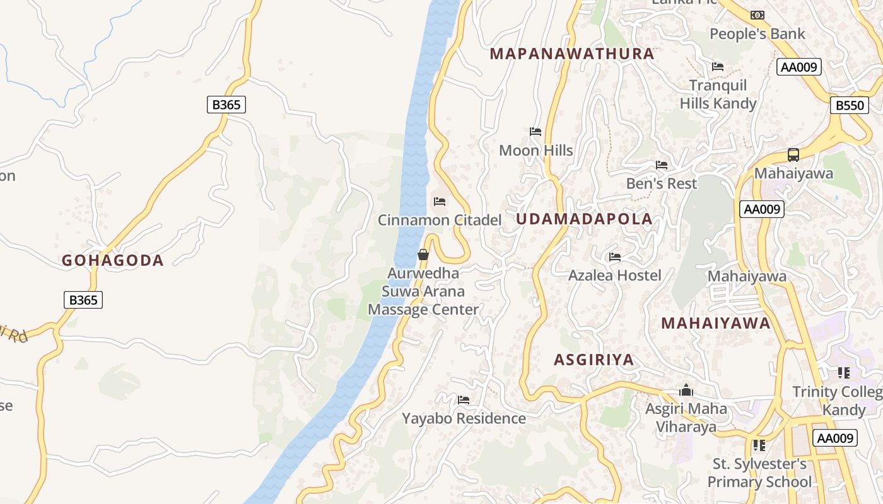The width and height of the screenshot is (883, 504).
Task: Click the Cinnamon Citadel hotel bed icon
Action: pyautogui.click(x=440, y=202)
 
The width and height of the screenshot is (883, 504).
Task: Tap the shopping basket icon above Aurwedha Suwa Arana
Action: pyautogui.click(x=423, y=255)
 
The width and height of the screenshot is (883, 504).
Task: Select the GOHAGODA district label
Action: pyautogui.click(x=112, y=260)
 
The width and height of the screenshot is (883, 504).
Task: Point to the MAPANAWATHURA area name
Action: pyautogui.click(x=572, y=54)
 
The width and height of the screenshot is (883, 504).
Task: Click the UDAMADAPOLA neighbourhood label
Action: pyautogui.click(x=584, y=219)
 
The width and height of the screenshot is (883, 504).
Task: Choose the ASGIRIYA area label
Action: pyautogui.click(x=594, y=360)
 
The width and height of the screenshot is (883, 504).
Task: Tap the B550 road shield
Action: pyautogui.click(x=849, y=105)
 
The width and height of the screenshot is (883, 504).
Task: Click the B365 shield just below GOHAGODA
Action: pyautogui.click(x=83, y=300)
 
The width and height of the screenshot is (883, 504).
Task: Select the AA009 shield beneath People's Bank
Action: pyautogui.click(x=798, y=67)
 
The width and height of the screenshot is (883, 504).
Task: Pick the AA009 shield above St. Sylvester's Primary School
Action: pyautogui.click(x=834, y=438)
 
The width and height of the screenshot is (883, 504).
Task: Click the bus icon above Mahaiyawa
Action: pyautogui.click(x=793, y=154)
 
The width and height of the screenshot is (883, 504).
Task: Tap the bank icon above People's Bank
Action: pyautogui.click(x=757, y=14)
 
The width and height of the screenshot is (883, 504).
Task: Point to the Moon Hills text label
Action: pyautogui.click(x=535, y=151)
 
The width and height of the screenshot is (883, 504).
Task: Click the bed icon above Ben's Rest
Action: pyautogui.click(x=661, y=165)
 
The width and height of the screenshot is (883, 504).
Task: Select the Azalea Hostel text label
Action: pyautogui.click(x=614, y=275)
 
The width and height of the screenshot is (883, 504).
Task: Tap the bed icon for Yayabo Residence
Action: pyautogui.click(x=464, y=400)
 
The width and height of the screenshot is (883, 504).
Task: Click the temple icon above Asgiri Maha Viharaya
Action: pyautogui.click(x=686, y=391)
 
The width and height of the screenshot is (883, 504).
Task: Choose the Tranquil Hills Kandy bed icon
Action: pyautogui.click(x=717, y=66)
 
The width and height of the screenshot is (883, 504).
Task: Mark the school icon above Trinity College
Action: pyautogui.click(x=844, y=373)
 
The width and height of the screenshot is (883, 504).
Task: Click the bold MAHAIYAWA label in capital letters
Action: pyautogui.click(x=715, y=323)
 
